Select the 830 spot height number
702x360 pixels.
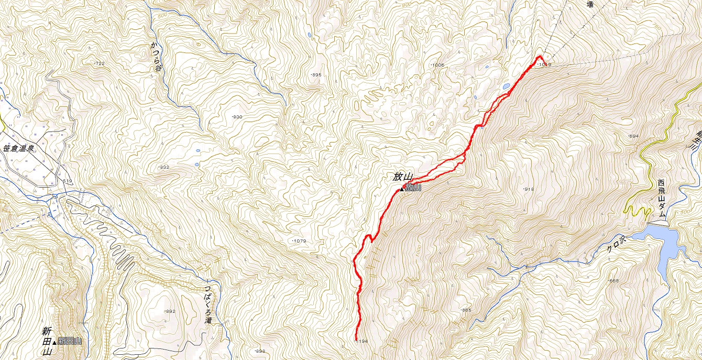point(237,116)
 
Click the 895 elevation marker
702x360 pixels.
point(316,75)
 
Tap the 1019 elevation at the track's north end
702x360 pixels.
point(545,64)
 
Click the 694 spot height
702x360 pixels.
point(633,136)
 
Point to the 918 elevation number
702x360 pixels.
point(529,189)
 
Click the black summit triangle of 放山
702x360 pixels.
point(402,189)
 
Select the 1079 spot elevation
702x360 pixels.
point(298,241)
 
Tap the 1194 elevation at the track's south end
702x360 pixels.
point(361,341)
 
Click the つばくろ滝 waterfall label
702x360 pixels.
point(208,304)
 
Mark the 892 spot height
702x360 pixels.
point(170,311)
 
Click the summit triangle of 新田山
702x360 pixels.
point(54,343)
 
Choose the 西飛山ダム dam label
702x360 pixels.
point(662,199)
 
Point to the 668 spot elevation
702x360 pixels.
point(614,281)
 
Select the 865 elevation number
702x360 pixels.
point(466,310)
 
